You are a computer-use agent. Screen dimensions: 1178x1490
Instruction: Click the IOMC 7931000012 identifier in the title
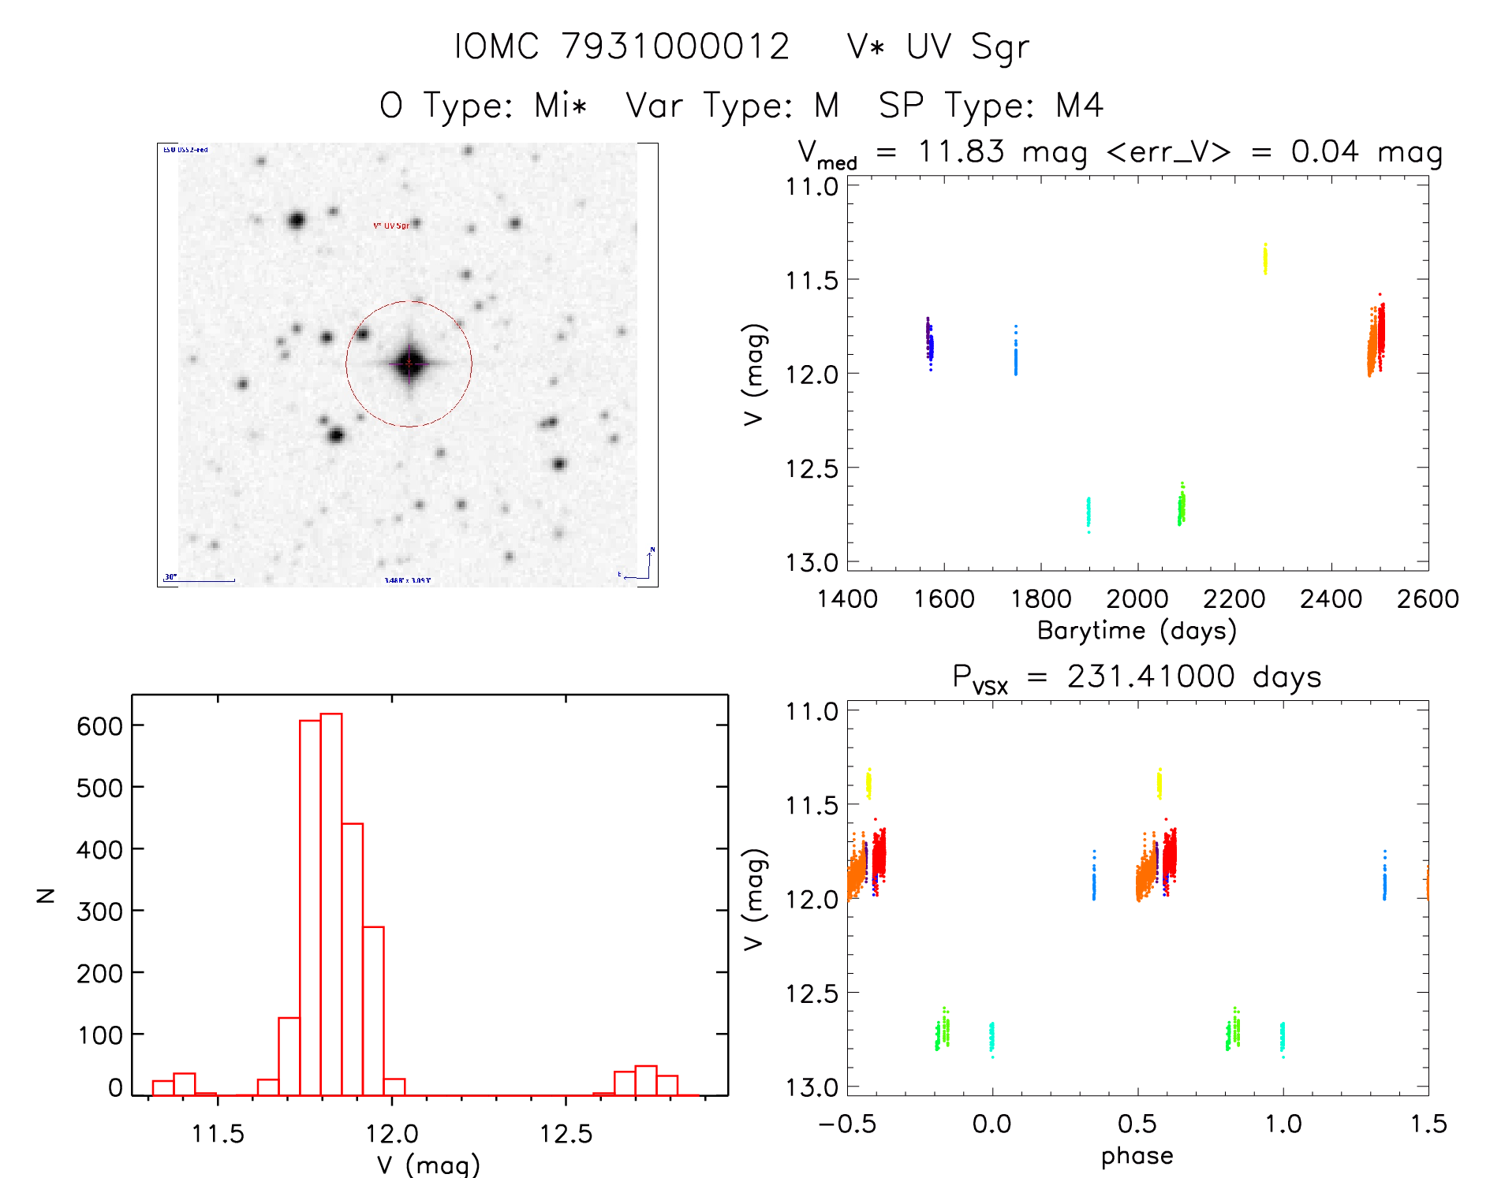click(622, 47)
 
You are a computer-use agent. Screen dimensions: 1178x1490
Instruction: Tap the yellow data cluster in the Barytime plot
click(1265, 259)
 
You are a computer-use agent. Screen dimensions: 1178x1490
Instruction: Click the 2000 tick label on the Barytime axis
click(1137, 599)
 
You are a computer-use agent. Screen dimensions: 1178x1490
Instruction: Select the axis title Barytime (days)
click(1137, 631)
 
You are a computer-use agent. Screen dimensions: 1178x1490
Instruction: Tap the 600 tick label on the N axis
click(99, 725)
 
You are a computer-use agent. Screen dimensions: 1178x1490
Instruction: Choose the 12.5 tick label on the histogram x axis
click(566, 1135)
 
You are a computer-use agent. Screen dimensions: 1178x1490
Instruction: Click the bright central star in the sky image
click(409, 363)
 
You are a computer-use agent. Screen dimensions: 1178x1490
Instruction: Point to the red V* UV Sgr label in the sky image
click(391, 226)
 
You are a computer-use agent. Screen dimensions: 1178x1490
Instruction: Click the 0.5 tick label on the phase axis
click(1137, 1124)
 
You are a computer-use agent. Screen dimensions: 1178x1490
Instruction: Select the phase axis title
click(1137, 1156)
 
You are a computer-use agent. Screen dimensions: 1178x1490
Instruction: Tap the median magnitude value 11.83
click(961, 151)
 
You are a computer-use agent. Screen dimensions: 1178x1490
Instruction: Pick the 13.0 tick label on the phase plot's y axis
click(811, 1087)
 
